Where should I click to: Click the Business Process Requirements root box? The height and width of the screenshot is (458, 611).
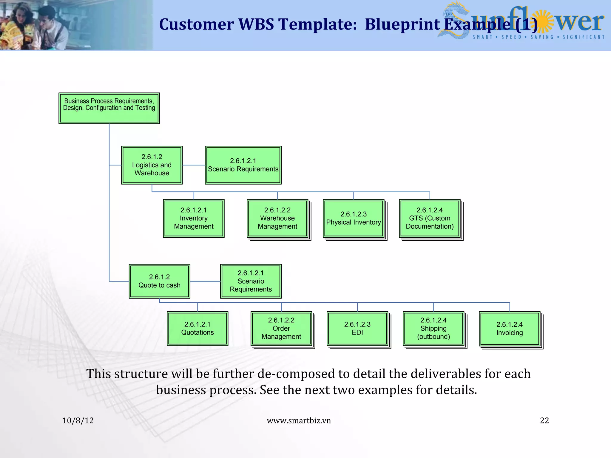(x=109, y=108)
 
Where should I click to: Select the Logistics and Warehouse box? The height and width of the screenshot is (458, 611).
(x=152, y=165)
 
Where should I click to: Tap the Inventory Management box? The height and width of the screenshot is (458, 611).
(x=194, y=218)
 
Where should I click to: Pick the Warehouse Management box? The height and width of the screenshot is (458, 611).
(x=277, y=218)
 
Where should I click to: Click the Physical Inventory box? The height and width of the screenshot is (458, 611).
(x=354, y=218)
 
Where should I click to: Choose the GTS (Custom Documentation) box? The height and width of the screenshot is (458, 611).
(x=430, y=218)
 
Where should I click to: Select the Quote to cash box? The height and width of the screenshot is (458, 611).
(x=159, y=281)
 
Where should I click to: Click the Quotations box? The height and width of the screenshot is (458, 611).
(x=198, y=329)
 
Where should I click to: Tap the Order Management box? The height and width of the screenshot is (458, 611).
(x=281, y=328)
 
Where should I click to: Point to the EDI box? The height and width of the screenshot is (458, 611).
(x=357, y=328)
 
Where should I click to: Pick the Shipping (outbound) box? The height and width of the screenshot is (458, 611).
(x=433, y=328)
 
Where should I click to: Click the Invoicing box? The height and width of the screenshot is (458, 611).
(x=510, y=329)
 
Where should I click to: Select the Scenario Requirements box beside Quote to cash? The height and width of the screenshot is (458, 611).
(x=251, y=281)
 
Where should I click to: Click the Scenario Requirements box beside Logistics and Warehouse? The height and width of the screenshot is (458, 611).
(x=243, y=165)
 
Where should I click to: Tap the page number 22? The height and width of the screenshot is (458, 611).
(x=544, y=420)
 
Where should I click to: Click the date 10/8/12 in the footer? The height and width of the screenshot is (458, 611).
(x=78, y=420)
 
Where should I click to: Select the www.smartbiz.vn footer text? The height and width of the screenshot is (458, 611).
(x=299, y=420)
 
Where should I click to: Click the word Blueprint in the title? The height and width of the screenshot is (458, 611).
(x=402, y=24)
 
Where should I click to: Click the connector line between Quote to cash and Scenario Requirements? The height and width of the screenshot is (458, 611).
(x=205, y=281)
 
